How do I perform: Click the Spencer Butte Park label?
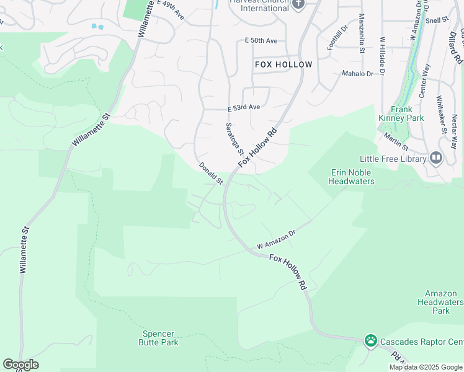tap(158, 338)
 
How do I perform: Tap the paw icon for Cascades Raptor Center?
tap(371, 340)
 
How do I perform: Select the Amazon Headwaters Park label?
tap(441, 302)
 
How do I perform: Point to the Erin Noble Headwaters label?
tap(351, 177)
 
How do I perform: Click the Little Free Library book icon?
tap(436, 159)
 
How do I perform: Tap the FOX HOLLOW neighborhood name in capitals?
tap(283, 64)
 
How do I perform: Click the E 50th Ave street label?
tap(261, 40)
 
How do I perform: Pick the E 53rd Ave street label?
tap(243, 107)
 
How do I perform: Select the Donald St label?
tap(211, 174)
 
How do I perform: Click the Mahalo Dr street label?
tap(358, 73)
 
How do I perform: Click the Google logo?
tap(20, 365)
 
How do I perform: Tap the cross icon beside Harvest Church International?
tap(298, 5)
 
